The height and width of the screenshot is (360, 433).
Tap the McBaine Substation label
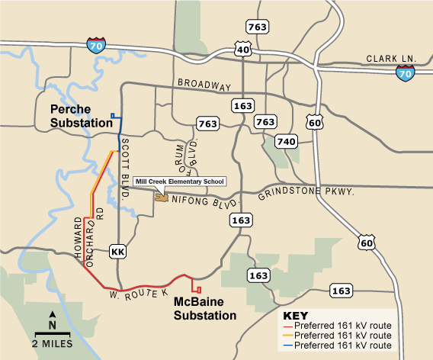tap(205, 307)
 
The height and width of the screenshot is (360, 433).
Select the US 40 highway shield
tap(243, 50)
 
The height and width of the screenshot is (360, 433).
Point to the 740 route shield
tap(286, 141)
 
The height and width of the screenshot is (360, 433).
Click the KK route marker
tap(117, 251)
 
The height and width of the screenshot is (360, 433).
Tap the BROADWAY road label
tap(204, 83)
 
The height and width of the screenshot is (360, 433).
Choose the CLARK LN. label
tap(391, 59)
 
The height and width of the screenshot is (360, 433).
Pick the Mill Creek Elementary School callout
tap(179, 182)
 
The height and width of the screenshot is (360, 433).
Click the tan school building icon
tap(162, 197)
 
